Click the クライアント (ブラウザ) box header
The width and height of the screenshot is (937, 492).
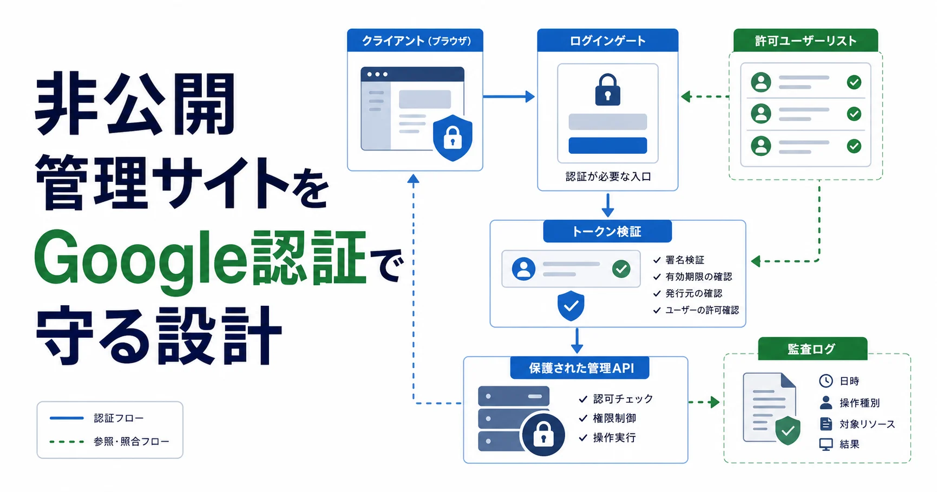[415, 41]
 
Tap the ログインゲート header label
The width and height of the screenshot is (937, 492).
[607, 41]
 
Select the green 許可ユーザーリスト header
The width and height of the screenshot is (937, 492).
[805, 41]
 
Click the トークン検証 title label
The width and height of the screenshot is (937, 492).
[607, 232]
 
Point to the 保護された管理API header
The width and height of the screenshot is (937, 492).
[580, 368]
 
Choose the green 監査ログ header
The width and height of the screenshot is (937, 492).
[812, 349]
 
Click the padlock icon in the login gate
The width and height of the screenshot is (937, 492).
[608, 89]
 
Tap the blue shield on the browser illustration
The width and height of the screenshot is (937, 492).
[453, 137]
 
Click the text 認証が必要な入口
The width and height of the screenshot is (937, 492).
[608, 177]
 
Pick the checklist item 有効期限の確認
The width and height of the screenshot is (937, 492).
[699, 277]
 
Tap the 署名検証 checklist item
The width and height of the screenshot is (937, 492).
[685, 260]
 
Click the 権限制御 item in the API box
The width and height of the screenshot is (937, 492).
[614, 418]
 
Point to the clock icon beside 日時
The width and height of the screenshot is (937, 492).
[826, 381]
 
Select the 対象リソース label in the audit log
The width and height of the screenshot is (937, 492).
[867, 424]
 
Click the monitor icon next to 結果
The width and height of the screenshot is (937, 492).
[826, 444]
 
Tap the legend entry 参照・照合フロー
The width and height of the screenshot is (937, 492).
[132, 442]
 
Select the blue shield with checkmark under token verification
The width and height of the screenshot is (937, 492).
[571, 306]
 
